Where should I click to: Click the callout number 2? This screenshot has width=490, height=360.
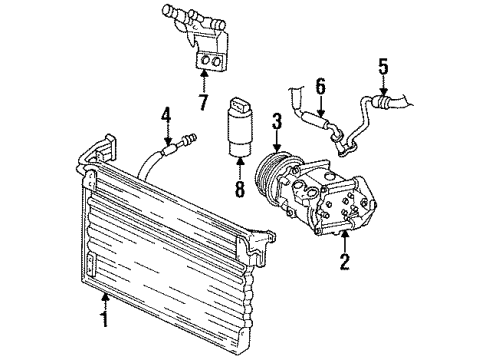pos(345,264)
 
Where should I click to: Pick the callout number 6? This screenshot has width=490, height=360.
pos(319,88)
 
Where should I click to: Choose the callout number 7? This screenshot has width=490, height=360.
pos(203,102)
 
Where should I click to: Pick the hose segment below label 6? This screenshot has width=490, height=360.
pos(325,122)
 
